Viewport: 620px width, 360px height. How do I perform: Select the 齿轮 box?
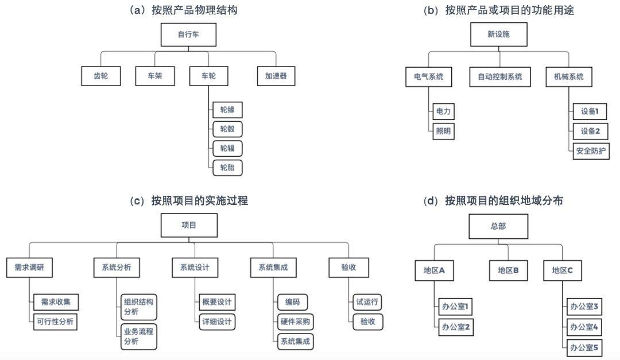pos(100,76)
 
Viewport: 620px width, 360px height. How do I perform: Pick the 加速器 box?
pos(276,76)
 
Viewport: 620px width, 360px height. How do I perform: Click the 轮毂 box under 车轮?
pos(227,129)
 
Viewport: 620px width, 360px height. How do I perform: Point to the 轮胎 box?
pos(227,168)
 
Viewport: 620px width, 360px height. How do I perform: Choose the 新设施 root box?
pos(498,34)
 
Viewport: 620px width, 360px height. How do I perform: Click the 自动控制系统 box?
pos(499,76)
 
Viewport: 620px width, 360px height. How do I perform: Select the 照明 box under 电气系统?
pos(443,131)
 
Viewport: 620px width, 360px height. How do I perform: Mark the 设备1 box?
pos(590,111)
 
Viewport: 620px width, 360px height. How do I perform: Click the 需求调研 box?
pos(25,267)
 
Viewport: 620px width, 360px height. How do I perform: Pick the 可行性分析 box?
pos(55,322)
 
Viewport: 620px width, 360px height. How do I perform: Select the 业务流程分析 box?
pos(138,336)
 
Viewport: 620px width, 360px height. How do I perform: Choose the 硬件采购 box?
pos(296,322)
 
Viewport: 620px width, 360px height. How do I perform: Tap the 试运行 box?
pos(367,302)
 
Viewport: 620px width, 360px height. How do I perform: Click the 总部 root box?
pos(498,226)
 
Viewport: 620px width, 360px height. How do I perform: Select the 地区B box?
pos(509,270)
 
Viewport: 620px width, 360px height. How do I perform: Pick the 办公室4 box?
pos(584,327)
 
